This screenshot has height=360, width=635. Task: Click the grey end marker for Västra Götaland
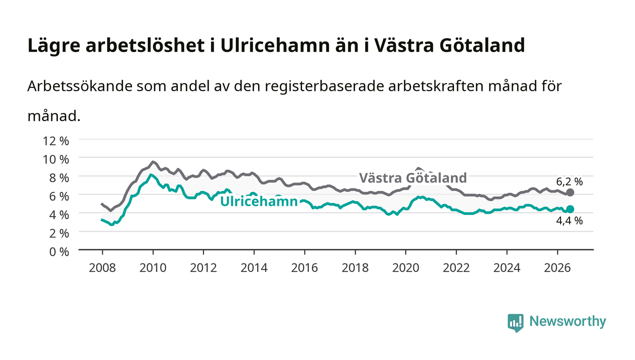pyautogui.click(x=570, y=193)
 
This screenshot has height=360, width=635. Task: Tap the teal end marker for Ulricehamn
pyautogui.click(x=570, y=209)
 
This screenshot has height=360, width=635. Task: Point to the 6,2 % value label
pyautogui.click(x=570, y=182)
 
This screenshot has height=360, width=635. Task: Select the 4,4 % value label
pyautogui.click(x=570, y=220)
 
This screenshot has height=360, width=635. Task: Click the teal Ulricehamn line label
pyautogui.click(x=259, y=202)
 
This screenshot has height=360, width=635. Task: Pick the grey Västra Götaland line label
pyautogui.click(x=413, y=178)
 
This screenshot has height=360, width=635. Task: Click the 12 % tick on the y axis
pyautogui.click(x=55, y=141)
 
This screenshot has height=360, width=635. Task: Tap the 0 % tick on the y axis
pyautogui.click(x=59, y=252)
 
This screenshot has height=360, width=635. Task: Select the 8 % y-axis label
pyautogui.click(x=59, y=178)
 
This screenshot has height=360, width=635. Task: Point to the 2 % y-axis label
pyautogui.click(x=59, y=234)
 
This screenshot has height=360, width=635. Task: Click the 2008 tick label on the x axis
pyautogui.click(x=103, y=268)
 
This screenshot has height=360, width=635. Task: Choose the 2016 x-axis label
pyautogui.click(x=304, y=268)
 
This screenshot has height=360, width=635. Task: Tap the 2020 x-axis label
pyautogui.click(x=405, y=268)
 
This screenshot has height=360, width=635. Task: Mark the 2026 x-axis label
pyautogui.click(x=557, y=268)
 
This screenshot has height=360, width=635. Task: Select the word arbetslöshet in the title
pyautogui.click(x=145, y=45)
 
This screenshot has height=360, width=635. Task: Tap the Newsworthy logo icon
pyautogui.click(x=515, y=322)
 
